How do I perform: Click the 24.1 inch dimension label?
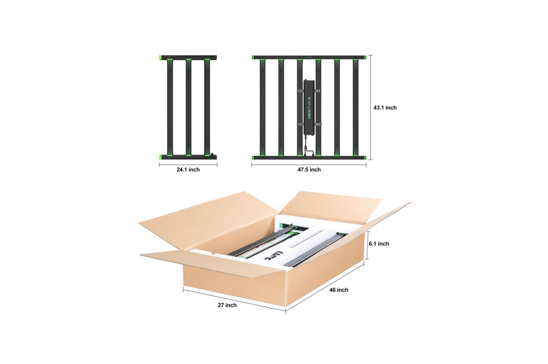coord(188,170)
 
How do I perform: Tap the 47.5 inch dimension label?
coord(309,170)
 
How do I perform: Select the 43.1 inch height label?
coord(385,108)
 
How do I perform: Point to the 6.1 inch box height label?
coord(379,244)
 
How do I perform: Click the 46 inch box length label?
coord(339,290)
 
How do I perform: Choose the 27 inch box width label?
coord(227,305)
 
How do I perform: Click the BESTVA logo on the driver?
coord(310,107)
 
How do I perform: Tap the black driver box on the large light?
coord(309,107)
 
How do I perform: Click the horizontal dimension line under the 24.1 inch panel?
coord(188,165)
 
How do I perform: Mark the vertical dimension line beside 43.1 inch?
coord(371,107)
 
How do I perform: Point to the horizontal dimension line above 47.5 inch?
coord(309,165)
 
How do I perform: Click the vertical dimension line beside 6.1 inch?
coord(368,245)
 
